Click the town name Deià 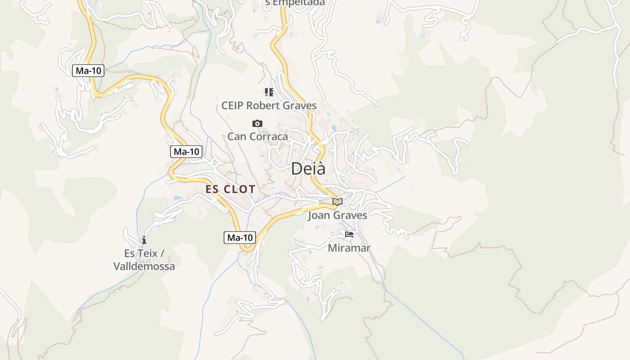point(308,169)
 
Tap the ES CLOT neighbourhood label point(230,189)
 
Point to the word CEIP point(233,106)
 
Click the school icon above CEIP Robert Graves point(269,93)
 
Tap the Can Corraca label point(257,136)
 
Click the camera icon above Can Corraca point(257,124)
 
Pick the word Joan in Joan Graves point(319,216)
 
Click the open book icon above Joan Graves point(337,202)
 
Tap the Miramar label point(349,248)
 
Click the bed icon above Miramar point(349,234)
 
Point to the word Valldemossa point(144,266)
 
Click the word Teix point(147,253)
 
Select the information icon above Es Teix point(144,240)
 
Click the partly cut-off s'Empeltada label point(295,3)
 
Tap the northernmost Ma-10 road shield point(88,71)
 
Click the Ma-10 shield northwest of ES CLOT point(186,152)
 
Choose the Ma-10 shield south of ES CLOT point(240,238)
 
